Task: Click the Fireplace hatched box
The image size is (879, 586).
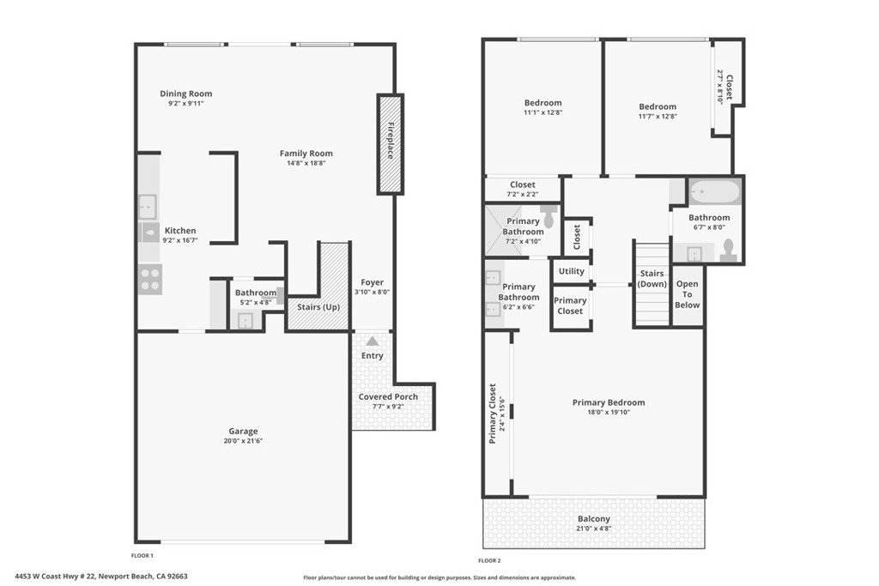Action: click(x=390, y=144)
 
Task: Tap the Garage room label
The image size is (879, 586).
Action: click(x=243, y=432)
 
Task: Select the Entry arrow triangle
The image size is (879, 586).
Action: click(x=372, y=341)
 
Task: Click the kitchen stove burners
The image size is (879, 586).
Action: click(x=150, y=280)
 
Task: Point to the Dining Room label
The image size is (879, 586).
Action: click(x=185, y=94)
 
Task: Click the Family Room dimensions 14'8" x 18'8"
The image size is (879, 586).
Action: click(x=306, y=163)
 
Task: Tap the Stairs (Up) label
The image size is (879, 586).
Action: click(x=318, y=305)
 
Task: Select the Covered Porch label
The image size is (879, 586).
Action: click(x=388, y=396)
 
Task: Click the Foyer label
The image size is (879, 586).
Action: click(x=372, y=282)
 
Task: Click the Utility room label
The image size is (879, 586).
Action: click(x=571, y=271)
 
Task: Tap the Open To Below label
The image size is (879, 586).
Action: click(x=688, y=293)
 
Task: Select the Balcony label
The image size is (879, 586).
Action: click(x=593, y=518)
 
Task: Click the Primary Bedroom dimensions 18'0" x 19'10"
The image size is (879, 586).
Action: click(x=608, y=412)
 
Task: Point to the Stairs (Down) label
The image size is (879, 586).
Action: click(x=652, y=279)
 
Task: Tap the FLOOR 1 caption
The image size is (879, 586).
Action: click(x=142, y=556)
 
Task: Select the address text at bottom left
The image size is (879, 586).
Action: click(x=101, y=577)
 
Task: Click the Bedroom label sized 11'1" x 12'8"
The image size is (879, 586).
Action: click(x=543, y=103)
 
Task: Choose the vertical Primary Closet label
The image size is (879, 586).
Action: click(x=493, y=413)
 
